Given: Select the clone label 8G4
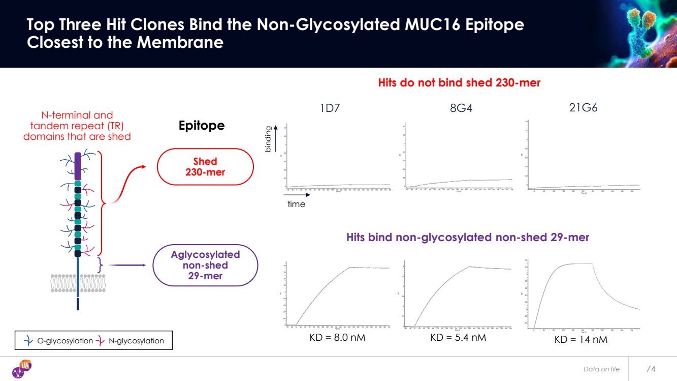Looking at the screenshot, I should (x=461, y=108).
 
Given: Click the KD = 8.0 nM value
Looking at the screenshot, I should (x=338, y=337).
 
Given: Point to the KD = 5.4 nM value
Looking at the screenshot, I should (x=458, y=337).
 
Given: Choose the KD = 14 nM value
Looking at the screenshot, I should (x=581, y=339).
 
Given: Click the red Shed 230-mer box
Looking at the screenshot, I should (x=205, y=167).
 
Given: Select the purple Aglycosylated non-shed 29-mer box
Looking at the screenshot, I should (x=205, y=265).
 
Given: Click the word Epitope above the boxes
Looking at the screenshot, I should (x=202, y=126).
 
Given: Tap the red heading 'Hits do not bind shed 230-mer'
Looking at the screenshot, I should (x=459, y=83).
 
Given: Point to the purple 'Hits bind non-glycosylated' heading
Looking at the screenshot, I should (x=467, y=237).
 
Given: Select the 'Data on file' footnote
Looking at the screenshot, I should (x=601, y=369).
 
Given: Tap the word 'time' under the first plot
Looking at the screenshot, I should (x=296, y=204).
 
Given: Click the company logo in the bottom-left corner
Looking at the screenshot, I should (x=22, y=368).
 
